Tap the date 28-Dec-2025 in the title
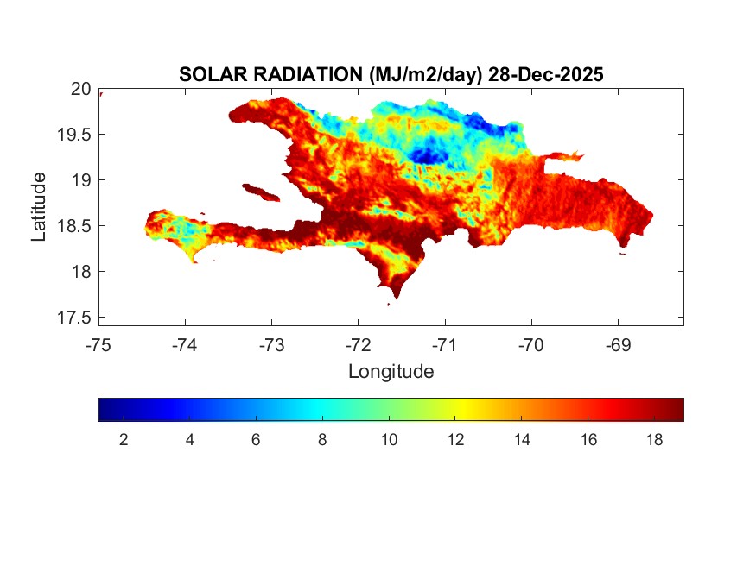point(545,75)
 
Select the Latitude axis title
point(39,206)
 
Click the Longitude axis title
point(391,372)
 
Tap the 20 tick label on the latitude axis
point(80,88)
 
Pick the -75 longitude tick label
point(98,346)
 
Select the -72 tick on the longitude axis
point(358,346)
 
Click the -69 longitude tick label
point(617,346)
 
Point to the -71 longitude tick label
point(444,346)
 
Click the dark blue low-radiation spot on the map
point(425,155)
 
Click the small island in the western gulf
point(260,192)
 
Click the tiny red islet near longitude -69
point(622,252)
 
